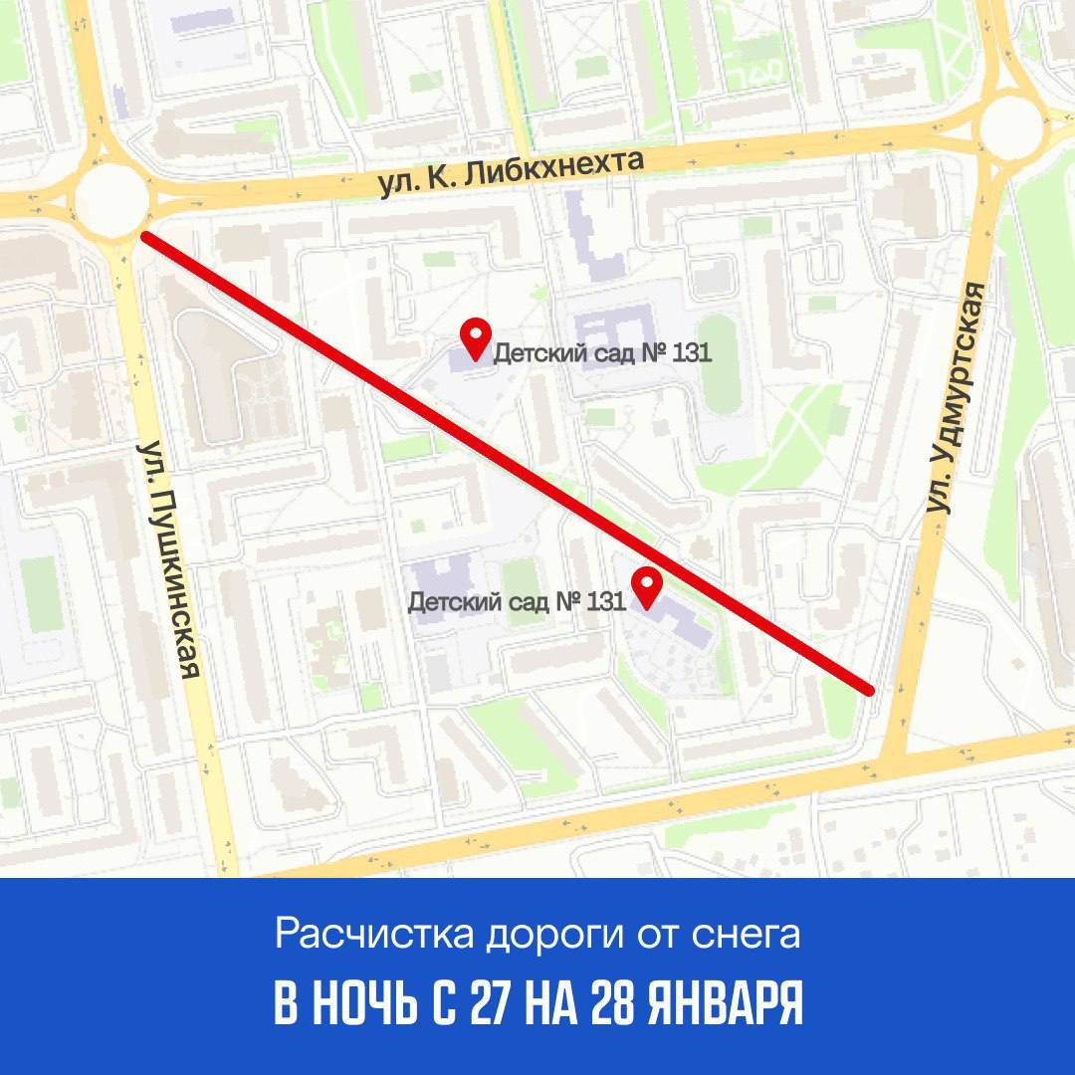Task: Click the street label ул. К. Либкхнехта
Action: [x=512, y=173]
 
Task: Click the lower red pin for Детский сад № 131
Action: [x=648, y=587]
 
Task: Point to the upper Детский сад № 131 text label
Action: [x=603, y=352]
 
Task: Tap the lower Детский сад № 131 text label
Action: [x=517, y=601]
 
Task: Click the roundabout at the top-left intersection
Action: [x=109, y=198]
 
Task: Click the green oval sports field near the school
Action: [x=722, y=368]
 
